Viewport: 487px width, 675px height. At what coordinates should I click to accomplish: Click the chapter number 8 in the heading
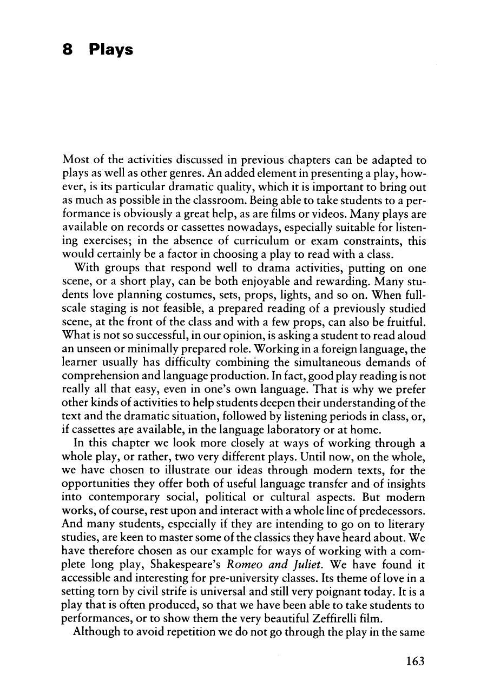click(x=68, y=50)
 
